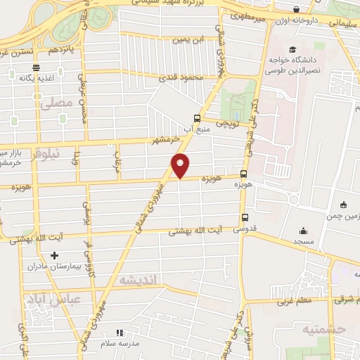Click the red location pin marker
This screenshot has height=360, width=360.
(x=181, y=165)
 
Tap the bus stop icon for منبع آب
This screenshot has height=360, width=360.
(x=196, y=118)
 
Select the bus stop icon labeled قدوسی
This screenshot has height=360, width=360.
(x=245, y=217)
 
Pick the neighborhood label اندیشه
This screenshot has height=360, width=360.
(x=141, y=280)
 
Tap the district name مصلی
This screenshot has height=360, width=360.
(x=56, y=103)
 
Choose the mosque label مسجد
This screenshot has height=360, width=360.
(x=302, y=241)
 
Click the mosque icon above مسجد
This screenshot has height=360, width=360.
(x=303, y=231)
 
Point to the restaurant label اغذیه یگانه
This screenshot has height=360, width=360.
(x=35, y=77)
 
